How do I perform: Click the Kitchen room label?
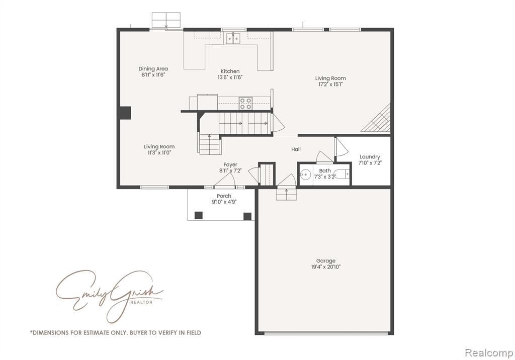(230, 71)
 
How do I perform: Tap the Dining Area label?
(153, 69)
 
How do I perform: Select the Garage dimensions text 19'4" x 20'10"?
(326, 266)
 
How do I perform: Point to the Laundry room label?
(370, 157)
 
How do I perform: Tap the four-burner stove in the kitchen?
(245, 103)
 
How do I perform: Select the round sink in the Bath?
(305, 175)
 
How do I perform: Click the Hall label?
(296, 149)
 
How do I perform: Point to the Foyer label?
(230, 165)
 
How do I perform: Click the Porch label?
(224, 196)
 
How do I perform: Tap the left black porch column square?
(198, 216)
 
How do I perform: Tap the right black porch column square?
(247, 216)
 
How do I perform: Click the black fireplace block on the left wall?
(125, 113)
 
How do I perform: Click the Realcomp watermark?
(489, 353)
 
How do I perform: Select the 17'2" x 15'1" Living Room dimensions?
(330, 84)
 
